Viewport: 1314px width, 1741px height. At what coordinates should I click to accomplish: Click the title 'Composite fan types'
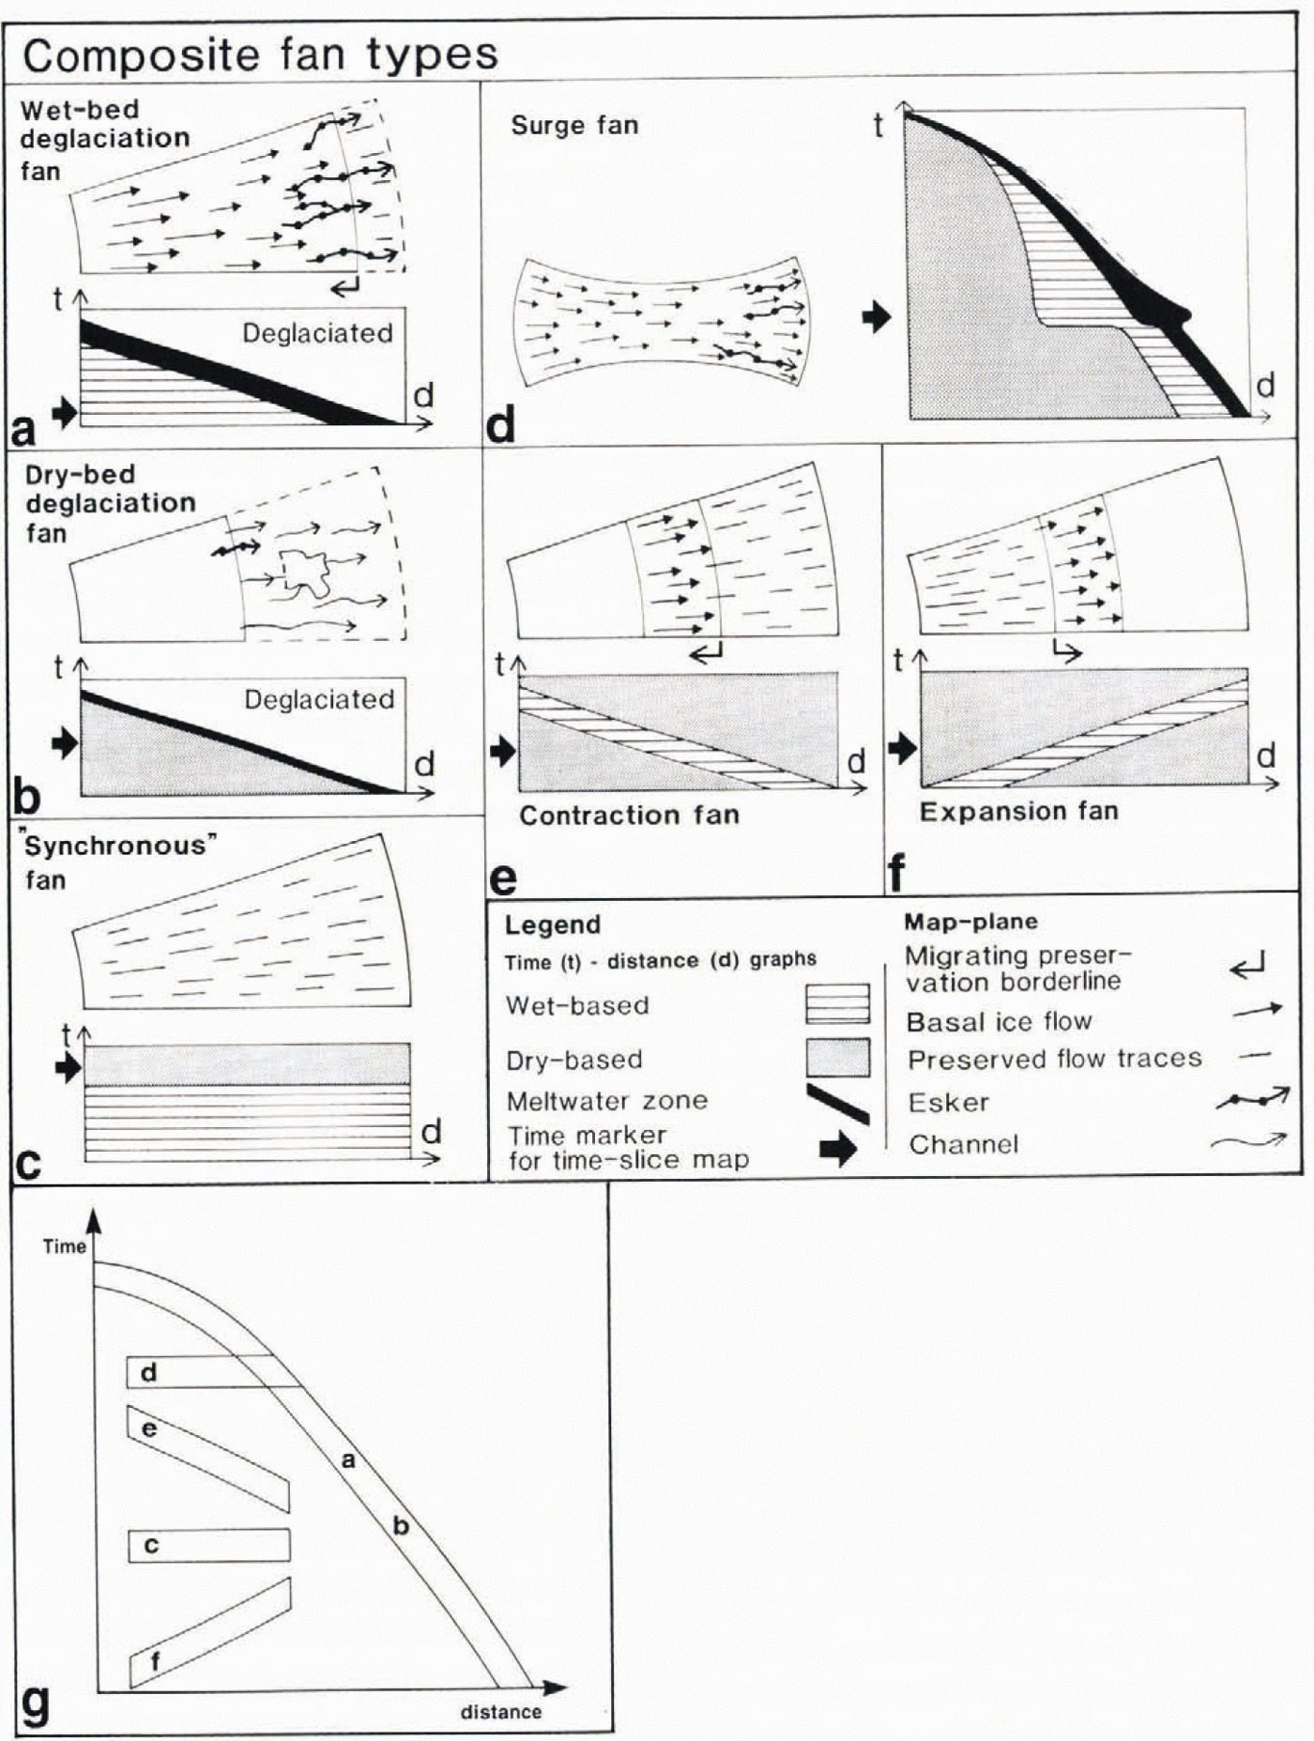(260, 54)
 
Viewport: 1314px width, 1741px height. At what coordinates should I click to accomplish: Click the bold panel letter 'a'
(23, 430)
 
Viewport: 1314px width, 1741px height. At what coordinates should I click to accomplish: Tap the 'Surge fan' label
(574, 126)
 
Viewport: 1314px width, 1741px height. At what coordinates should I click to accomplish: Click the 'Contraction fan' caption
(629, 815)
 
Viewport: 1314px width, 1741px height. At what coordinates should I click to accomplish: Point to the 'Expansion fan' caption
(1018, 811)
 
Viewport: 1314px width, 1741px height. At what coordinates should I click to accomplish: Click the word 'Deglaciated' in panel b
(319, 699)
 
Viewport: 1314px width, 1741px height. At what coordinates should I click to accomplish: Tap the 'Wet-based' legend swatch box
(837, 1003)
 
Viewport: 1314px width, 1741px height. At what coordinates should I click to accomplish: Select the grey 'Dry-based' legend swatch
(837, 1058)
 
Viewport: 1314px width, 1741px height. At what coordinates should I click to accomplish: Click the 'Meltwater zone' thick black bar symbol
(837, 1104)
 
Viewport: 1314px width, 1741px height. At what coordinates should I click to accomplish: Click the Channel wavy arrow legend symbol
(1248, 1141)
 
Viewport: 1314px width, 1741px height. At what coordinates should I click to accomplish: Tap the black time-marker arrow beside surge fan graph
(876, 316)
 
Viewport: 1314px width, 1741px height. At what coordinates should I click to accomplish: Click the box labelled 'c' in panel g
(208, 1545)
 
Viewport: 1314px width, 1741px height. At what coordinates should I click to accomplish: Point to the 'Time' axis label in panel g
(64, 1246)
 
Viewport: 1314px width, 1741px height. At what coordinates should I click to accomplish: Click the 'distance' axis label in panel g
(500, 1711)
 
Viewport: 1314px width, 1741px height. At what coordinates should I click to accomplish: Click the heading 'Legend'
(552, 924)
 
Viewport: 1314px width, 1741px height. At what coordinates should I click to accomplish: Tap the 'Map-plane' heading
(970, 922)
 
